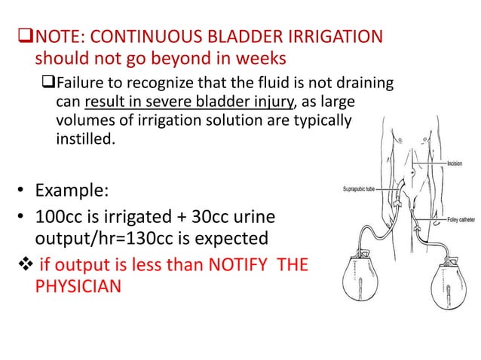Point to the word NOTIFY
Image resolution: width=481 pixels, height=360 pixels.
click(x=240, y=265)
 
